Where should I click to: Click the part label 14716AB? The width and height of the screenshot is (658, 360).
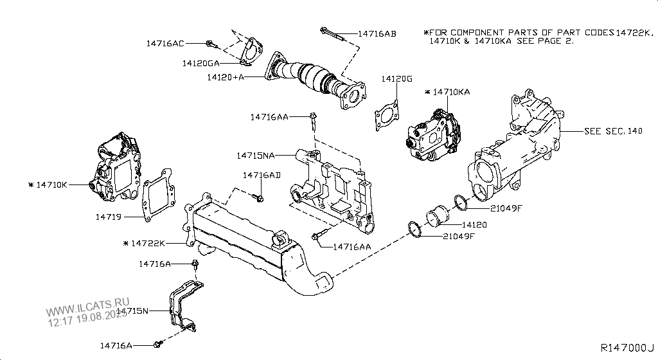click(x=377, y=33)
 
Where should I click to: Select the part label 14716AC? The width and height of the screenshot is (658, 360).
click(x=165, y=44)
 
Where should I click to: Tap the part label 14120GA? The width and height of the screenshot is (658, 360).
click(x=200, y=63)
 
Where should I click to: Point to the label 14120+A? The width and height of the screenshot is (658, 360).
click(x=226, y=77)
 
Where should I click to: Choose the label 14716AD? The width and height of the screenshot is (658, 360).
click(x=262, y=175)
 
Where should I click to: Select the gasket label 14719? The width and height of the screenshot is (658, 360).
click(x=109, y=217)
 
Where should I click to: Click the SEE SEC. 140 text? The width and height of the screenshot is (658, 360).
click(x=613, y=130)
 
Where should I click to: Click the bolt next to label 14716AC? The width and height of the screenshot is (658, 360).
click(x=210, y=44)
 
